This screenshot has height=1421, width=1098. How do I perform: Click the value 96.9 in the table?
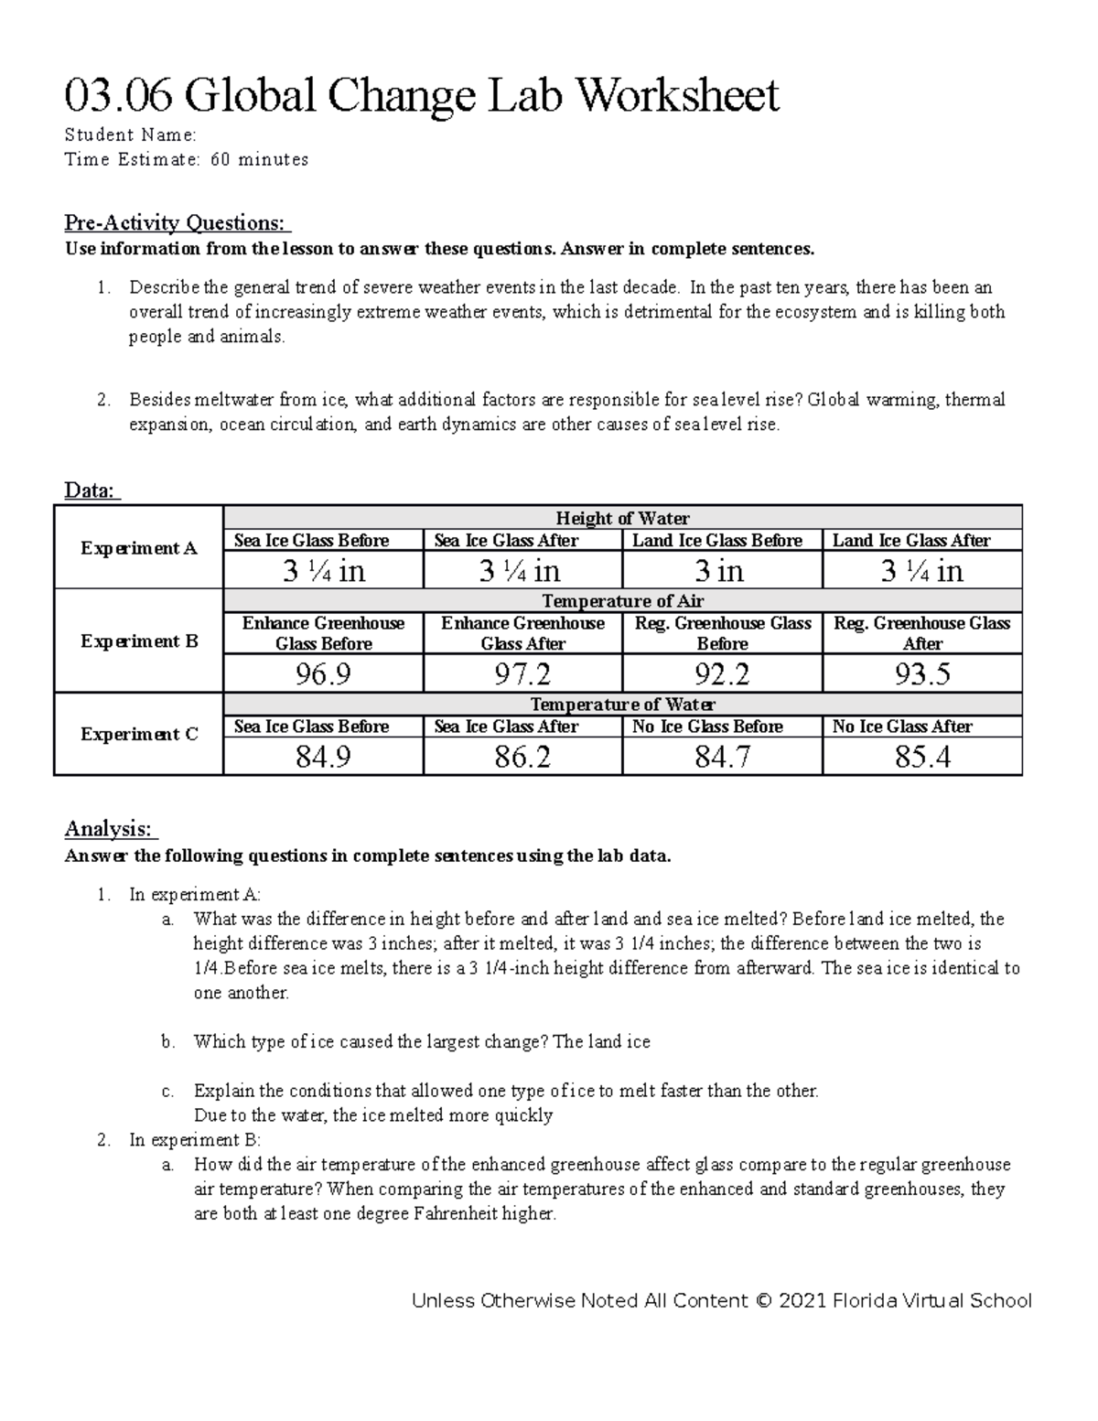[x=323, y=674]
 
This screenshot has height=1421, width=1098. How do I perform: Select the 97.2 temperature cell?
[x=522, y=674]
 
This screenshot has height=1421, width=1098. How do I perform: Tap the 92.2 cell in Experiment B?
[x=722, y=674]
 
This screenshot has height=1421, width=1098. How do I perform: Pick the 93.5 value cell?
[x=922, y=674]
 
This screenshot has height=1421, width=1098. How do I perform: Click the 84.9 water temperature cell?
[x=323, y=757]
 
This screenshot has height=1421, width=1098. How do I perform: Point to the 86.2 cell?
[x=522, y=757]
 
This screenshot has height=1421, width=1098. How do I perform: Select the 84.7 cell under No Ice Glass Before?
[x=722, y=757]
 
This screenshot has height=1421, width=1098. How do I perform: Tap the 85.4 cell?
[x=922, y=757]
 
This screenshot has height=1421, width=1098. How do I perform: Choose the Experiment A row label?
[x=139, y=548]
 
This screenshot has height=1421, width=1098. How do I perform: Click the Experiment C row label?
[x=139, y=734]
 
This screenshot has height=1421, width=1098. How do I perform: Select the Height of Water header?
[x=622, y=518]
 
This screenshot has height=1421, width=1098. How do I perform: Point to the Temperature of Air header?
[x=622, y=601]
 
